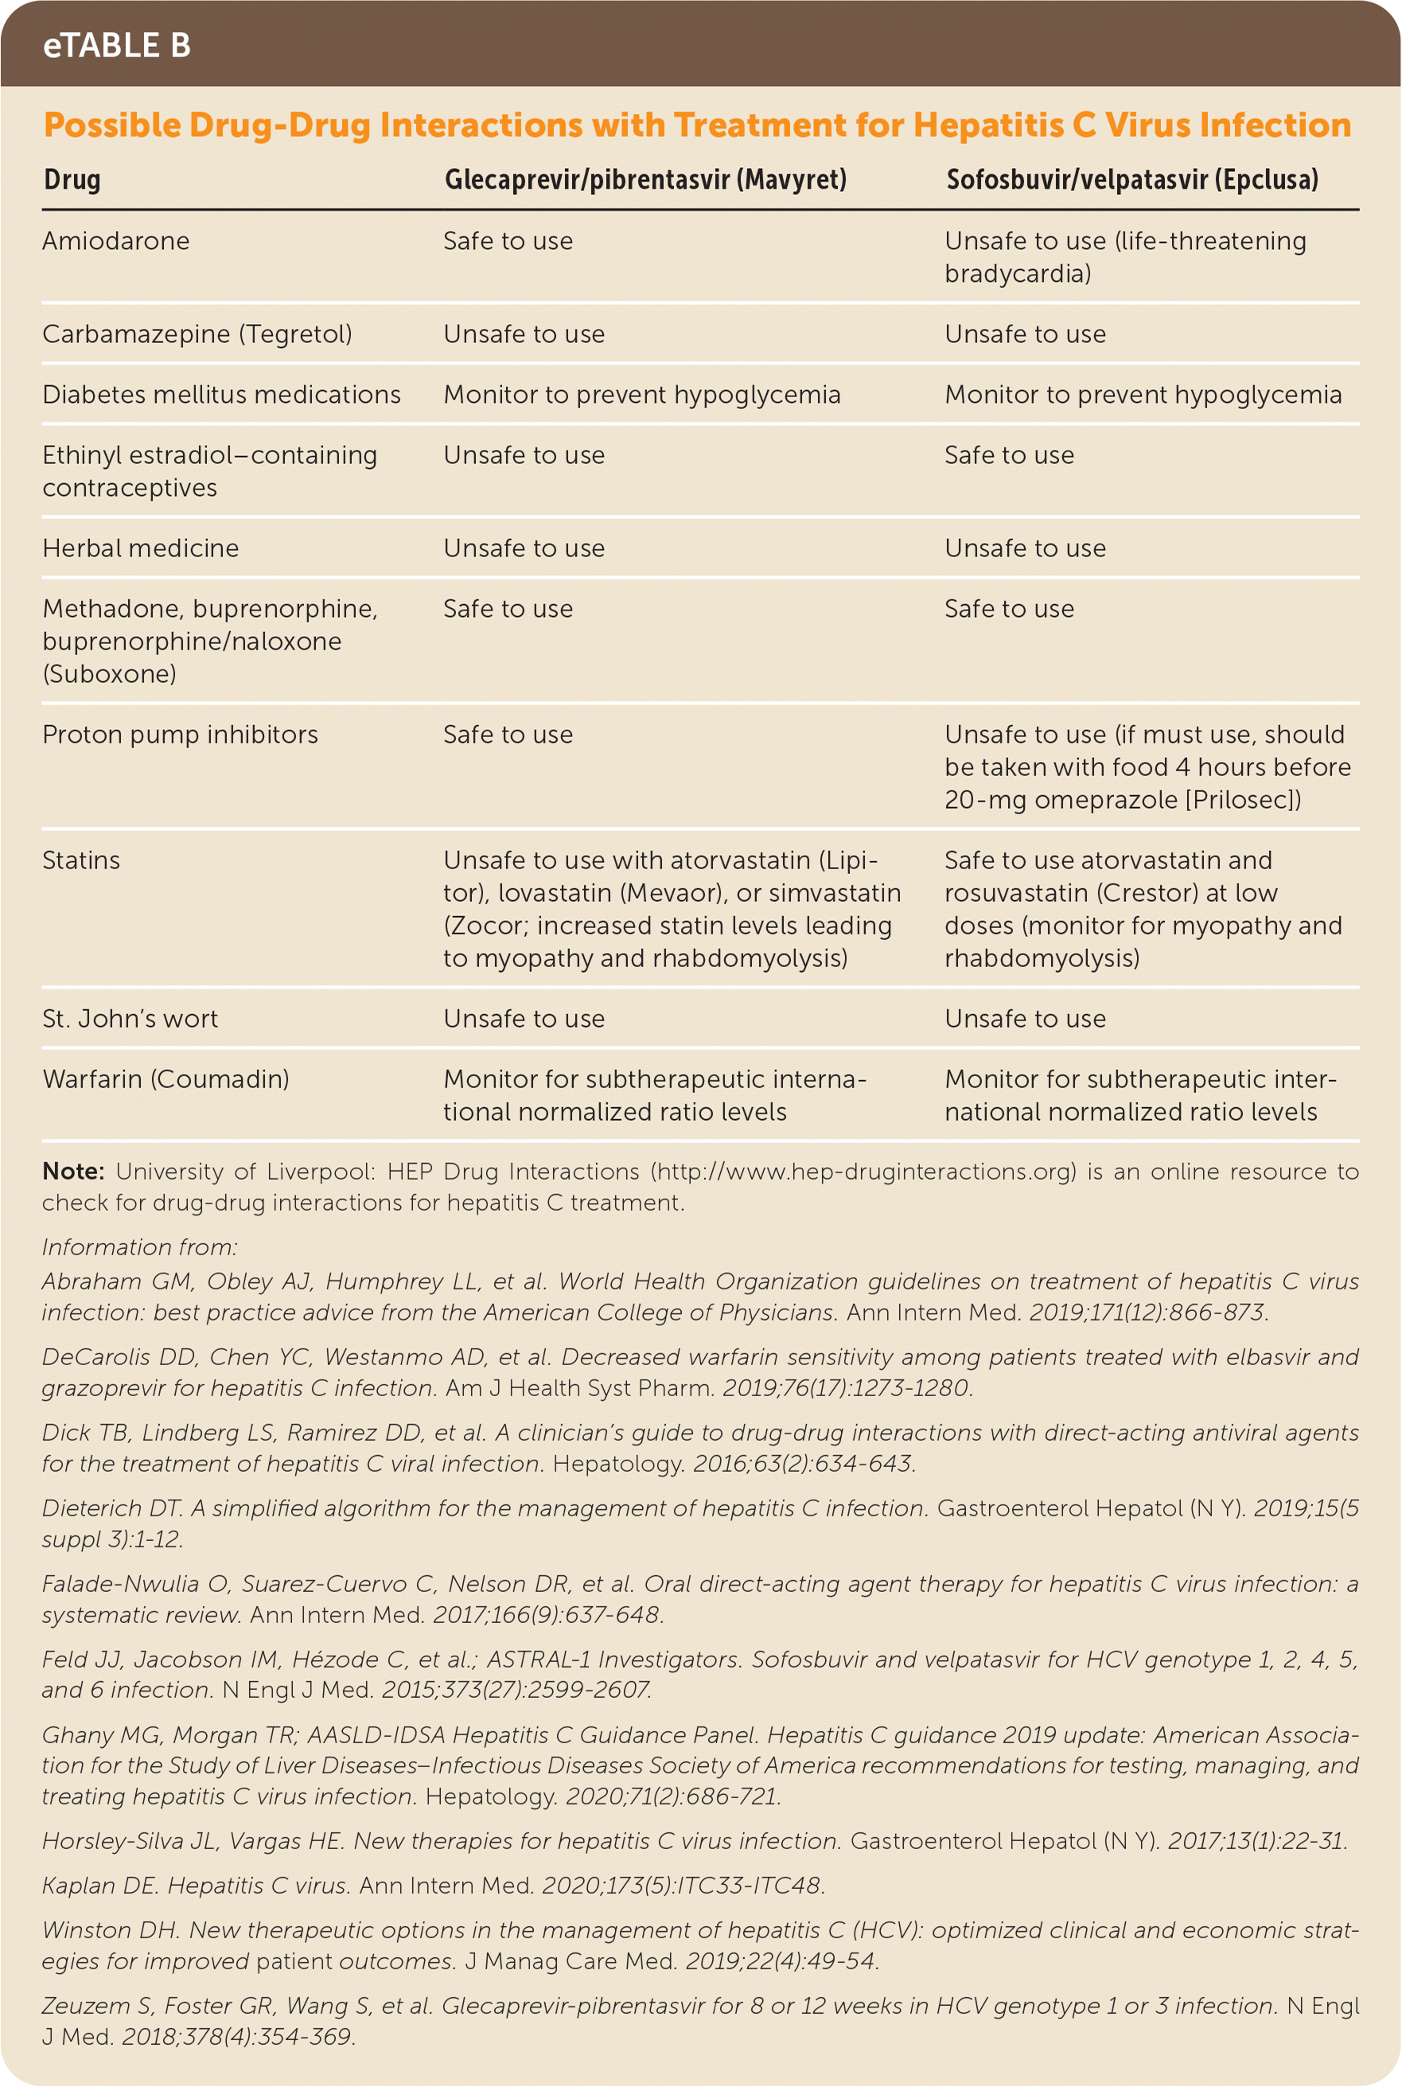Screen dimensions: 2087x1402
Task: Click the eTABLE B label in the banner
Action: click(x=116, y=45)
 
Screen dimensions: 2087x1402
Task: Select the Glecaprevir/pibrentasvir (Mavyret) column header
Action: click(x=645, y=180)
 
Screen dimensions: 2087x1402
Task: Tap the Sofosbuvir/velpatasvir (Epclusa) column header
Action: click(x=1132, y=180)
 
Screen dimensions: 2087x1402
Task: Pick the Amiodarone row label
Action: click(x=116, y=241)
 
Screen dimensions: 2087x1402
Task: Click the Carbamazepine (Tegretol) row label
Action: click(x=197, y=334)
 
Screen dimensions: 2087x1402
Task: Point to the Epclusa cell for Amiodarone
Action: click(x=1125, y=256)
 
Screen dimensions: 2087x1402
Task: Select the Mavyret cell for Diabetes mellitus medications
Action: click(x=641, y=396)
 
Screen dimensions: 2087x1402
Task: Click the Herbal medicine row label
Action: click(x=140, y=548)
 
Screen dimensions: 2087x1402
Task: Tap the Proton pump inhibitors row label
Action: click(x=180, y=735)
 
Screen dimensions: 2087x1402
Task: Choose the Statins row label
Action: click(x=81, y=860)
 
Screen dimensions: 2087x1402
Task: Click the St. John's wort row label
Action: click(x=130, y=1019)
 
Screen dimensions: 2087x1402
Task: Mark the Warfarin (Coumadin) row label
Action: click(x=166, y=1079)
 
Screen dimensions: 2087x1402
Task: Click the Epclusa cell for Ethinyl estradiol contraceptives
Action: click(x=1009, y=456)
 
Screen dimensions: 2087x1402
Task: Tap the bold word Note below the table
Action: click(x=73, y=1172)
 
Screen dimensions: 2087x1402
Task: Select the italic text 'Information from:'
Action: click(x=139, y=1246)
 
